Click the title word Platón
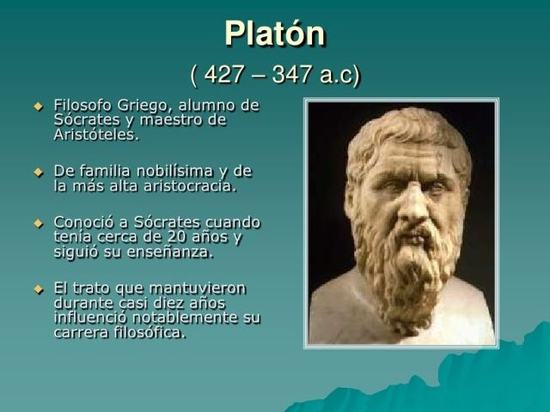tap(275, 34)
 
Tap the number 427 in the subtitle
tap(224, 75)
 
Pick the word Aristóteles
tap(95, 135)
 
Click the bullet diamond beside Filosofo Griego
tap(37, 106)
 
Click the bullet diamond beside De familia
tap(37, 171)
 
